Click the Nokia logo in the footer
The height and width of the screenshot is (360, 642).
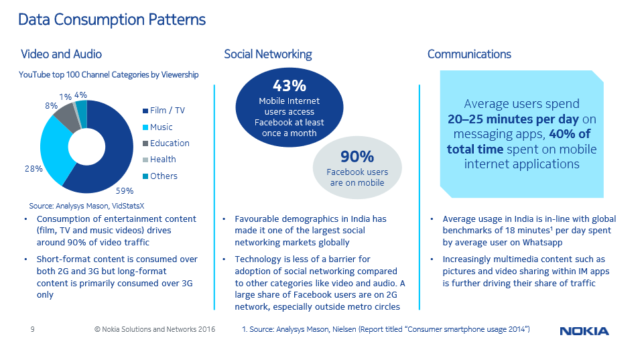[x=584, y=331]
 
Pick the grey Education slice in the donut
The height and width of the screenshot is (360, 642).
[x=65, y=115]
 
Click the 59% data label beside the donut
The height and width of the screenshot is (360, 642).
[x=125, y=190]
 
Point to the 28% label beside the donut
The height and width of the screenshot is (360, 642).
[x=34, y=169]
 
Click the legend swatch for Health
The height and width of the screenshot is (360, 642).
[x=145, y=160]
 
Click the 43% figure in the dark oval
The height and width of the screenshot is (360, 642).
[x=290, y=86]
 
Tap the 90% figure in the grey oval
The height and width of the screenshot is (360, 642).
[x=357, y=157]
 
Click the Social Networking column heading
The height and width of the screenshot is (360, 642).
[x=267, y=54]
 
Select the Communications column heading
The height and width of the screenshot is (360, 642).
[x=469, y=54]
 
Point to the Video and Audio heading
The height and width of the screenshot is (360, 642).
[x=61, y=54]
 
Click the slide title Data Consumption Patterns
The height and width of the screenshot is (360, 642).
[x=112, y=19]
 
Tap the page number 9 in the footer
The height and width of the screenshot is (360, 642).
[x=32, y=329]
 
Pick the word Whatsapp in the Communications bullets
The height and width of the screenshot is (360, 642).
[x=542, y=242]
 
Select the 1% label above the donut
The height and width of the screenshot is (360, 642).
[x=66, y=97]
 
